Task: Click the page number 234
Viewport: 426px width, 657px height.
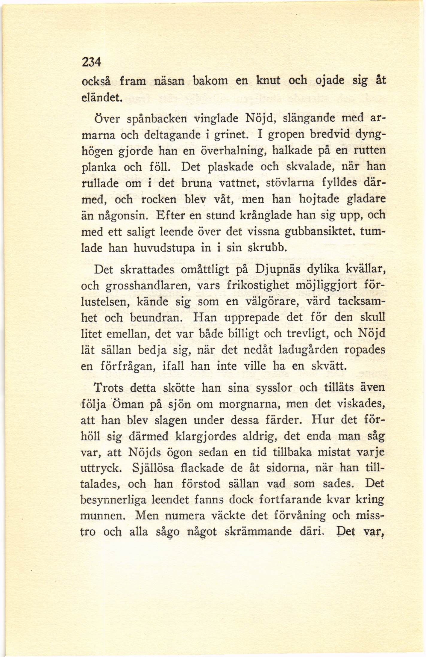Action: (x=92, y=63)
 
